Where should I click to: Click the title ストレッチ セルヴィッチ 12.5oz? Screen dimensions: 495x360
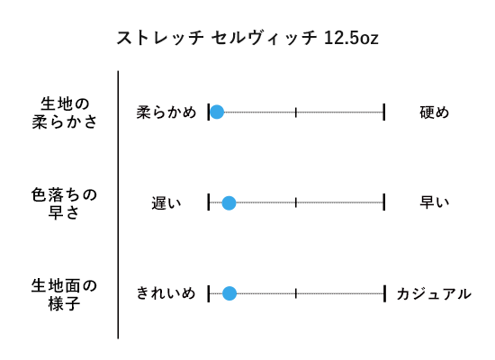247,38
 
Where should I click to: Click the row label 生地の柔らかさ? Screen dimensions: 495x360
65,112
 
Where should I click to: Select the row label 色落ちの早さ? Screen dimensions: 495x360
64,203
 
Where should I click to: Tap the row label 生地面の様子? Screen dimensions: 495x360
64,294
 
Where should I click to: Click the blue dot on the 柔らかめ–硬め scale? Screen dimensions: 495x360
217,112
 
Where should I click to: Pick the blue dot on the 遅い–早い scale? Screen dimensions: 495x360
229,202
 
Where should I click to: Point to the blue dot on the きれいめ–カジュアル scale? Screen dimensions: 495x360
229,293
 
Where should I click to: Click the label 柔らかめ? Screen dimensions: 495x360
166,112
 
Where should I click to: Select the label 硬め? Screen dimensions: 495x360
434,112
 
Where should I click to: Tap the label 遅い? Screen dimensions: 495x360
166,203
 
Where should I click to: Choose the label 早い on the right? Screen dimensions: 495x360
434,202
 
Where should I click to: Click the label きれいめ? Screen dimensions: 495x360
166,293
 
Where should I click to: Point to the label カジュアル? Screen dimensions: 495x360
434,294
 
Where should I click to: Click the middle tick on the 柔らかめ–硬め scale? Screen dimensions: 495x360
296,112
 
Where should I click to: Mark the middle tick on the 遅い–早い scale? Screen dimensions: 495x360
296,202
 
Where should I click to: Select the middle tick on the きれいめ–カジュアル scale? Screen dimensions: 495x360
296,293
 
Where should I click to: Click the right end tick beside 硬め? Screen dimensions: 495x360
384,112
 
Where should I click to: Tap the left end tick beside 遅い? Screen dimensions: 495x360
209,202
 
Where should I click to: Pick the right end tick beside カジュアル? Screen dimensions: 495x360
384,293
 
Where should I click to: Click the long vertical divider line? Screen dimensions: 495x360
118,204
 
